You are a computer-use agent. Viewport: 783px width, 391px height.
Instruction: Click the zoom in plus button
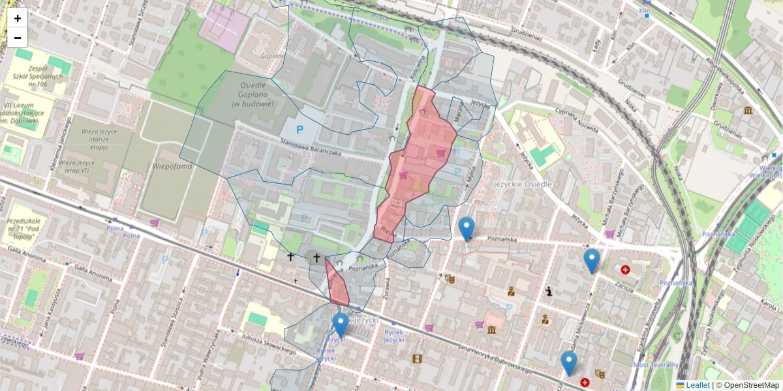point(17,18)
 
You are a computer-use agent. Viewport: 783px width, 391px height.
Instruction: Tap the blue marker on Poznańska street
point(466,229)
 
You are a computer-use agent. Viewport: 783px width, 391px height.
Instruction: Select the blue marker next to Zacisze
point(591,260)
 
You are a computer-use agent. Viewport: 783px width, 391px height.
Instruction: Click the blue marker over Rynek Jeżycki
point(340,325)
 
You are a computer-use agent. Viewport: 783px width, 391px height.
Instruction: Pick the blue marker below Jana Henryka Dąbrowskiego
point(569,362)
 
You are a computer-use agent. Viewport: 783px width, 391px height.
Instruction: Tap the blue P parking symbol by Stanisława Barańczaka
point(299,130)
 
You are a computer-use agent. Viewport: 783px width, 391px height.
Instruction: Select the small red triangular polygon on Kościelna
point(337,284)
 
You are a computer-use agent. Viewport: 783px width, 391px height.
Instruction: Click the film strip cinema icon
point(417,358)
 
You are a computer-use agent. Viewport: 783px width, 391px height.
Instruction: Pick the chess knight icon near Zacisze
point(550,291)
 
